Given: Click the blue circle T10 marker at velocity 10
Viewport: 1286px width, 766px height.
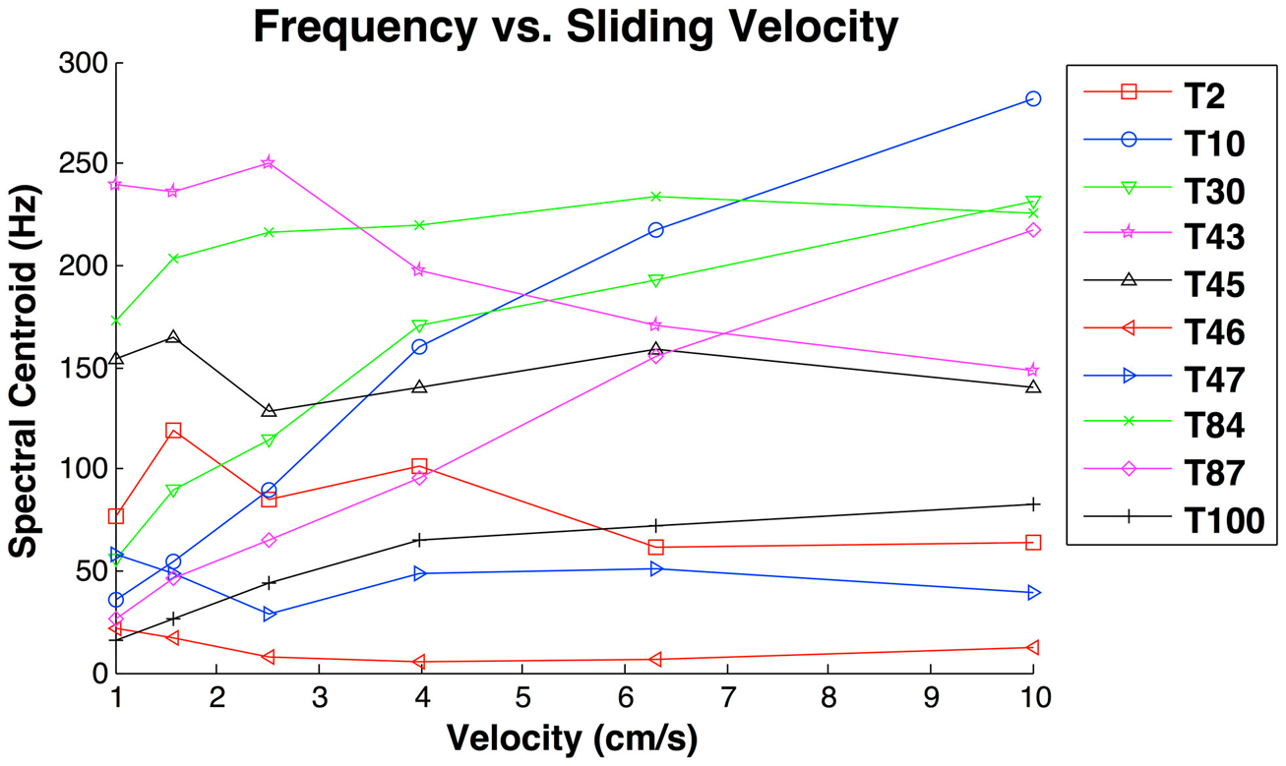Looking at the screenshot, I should (x=1032, y=99).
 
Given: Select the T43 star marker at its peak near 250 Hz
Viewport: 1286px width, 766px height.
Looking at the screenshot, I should (x=269, y=163).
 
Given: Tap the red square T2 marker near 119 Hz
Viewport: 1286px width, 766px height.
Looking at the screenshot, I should (x=173, y=431).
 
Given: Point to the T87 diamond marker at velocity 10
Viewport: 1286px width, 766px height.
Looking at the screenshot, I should (x=1032, y=230).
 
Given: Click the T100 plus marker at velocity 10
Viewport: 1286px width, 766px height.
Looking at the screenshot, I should (x=1032, y=504).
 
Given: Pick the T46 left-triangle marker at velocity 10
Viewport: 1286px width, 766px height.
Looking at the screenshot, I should (x=1032, y=648).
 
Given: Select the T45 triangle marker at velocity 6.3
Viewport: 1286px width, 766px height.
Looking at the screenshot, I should (x=655, y=350).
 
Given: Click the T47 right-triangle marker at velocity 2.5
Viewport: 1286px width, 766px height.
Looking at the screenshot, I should (x=269, y=615).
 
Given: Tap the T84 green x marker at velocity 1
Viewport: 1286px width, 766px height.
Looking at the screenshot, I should (x=117, y=321).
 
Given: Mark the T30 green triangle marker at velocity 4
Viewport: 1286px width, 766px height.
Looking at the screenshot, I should (x=419, y=325).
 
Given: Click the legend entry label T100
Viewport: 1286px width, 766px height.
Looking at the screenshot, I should (x=1224, y=521).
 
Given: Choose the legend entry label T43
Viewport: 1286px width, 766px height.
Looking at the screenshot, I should (x=1214, y=237).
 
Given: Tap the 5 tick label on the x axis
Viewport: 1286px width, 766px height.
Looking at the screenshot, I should (x=521, y=699).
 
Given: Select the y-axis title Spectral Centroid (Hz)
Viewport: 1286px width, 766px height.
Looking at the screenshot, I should (x=24, y=367).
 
